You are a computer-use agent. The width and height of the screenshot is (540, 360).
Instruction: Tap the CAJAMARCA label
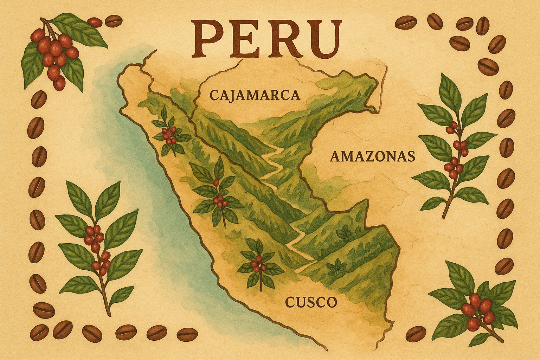point(255,95)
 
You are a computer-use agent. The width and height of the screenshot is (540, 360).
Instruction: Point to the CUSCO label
point(310,302)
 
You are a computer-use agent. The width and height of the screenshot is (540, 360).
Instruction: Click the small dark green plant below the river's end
point(334,269)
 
